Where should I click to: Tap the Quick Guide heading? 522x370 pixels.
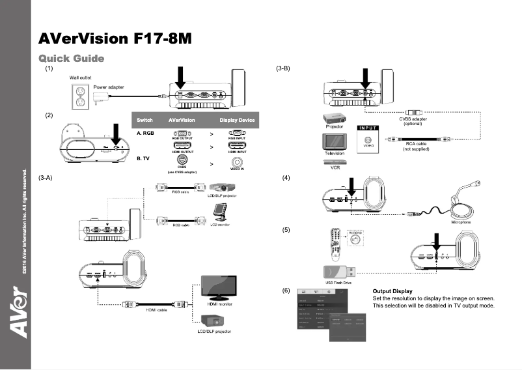[x=72, y=59]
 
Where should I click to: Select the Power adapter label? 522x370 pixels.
[x=109, y=87]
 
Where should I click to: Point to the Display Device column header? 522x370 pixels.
[x=237, y=121]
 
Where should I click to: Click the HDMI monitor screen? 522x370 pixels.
[x=218, y=287]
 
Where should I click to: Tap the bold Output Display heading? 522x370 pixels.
[x=392, y=291]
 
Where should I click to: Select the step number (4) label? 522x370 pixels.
[x=285, y=178]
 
